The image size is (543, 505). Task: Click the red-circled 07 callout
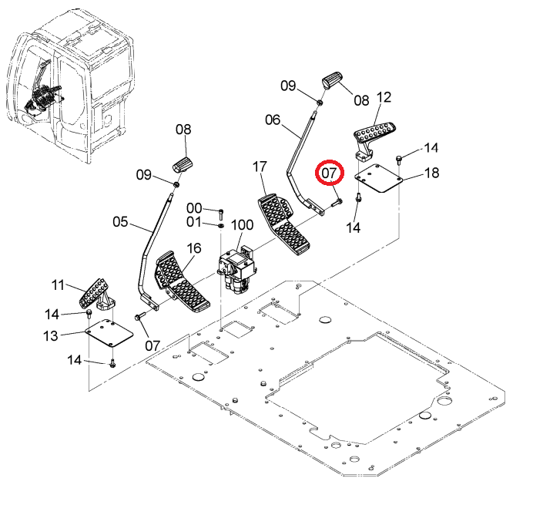(x=330, y=173)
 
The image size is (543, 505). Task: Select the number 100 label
(x=242, y=225)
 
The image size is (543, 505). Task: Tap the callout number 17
(x=260, y=167)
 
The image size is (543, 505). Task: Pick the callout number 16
(x=194, y=248)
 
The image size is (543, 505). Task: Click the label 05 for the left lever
(x=120, y=222)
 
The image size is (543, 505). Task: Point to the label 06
(x=273, y=120)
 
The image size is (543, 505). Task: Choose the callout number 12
(x=384, y=97)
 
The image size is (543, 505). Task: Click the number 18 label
(x=431, y=173)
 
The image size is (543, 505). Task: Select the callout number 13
(x=51, y=335)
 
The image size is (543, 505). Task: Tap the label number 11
(x=58, y=285)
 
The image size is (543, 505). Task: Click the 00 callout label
(x=194, y=208)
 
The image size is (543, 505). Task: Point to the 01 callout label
(x=193, y=222)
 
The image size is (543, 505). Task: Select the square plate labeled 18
(x=379, y=178)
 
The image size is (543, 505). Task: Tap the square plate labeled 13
(x=109, y=333)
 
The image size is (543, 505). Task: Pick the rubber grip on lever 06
(x=332, y=79)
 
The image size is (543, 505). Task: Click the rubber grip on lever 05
(x=183, y=164)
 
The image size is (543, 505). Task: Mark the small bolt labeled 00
(x=221, y=214)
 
